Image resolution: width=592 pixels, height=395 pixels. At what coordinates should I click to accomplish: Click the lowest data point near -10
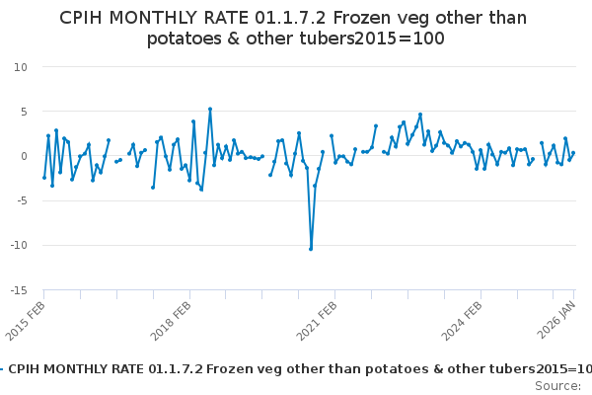coord(311,249)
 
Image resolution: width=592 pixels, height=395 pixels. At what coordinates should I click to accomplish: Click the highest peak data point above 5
coord(210,109)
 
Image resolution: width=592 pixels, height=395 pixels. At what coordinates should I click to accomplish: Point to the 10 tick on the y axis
coord(21,67)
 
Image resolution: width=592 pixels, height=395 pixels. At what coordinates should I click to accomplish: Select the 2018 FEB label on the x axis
coord(173,319)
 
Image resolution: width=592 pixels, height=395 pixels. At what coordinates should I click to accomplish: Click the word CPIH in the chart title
coord(86,18)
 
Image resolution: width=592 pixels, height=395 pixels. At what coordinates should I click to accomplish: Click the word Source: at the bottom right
coord(557,385)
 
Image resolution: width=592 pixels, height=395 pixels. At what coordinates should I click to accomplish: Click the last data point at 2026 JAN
coord(573,153)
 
